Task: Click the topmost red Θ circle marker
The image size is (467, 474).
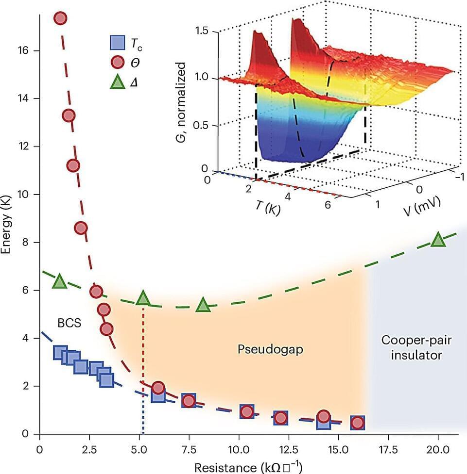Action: (x=60, y=18)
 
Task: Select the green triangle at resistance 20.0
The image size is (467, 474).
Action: (x=438, y=239)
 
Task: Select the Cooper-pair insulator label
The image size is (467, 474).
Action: (x=417, y=347)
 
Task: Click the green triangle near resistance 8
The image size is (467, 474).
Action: (x=203, y=306)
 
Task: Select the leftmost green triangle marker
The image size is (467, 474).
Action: (x=59, y=280)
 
